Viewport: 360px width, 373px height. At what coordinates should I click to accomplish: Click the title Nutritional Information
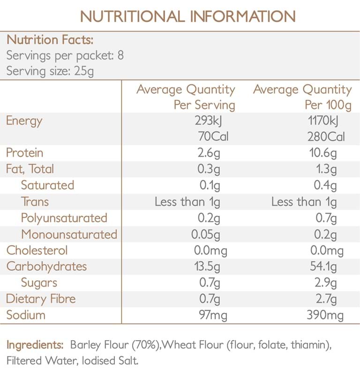click(x=187, y=16)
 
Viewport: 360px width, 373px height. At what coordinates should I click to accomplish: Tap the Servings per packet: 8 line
click(x=65, y=55)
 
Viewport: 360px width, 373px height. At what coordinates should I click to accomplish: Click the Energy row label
click(x=24, y=121)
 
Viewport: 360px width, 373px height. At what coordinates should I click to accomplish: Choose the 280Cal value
click(x=326, y=137)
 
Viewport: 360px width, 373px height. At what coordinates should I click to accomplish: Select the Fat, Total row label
click(x=30, y=169)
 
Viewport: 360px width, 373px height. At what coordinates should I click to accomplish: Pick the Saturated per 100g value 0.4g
click(x=326, y=185)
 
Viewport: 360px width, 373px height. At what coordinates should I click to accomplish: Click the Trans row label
click(x=35, y=202)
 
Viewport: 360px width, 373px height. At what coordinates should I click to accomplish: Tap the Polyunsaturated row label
click(x=64, y=218)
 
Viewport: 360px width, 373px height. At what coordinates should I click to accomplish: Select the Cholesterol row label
click(x=37, y=251)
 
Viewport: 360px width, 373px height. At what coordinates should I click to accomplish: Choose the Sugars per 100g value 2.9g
click(x=326, y=283)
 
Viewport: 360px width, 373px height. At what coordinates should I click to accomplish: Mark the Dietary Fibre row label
click(x=41, y=299)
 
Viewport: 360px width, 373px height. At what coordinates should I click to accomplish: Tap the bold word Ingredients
click(x=35, y=345)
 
